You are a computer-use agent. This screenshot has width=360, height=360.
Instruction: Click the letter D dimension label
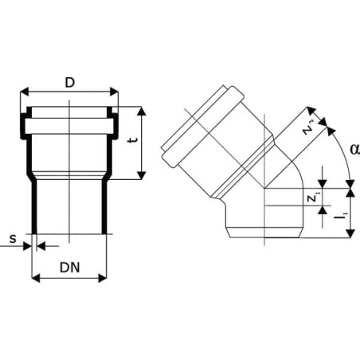70,83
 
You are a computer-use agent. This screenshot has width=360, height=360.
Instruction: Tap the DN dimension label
70,268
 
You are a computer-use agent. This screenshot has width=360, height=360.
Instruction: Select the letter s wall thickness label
13,239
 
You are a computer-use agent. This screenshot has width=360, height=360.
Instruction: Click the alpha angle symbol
355,149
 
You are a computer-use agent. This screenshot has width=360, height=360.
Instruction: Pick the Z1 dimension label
313,197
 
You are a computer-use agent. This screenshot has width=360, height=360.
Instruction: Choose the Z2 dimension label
309,128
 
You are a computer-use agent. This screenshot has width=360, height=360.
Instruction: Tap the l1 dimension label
341,217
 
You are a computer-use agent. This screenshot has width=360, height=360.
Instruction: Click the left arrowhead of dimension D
25,92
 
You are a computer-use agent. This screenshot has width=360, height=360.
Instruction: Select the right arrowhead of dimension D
114,92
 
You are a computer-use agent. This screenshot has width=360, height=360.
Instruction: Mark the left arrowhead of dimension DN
36,278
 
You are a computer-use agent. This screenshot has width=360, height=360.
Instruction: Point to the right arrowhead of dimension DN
102,278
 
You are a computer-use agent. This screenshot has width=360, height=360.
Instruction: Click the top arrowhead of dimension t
142,111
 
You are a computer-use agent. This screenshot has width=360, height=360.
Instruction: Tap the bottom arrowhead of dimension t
142,175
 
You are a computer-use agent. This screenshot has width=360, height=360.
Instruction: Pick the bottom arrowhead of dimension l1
350,233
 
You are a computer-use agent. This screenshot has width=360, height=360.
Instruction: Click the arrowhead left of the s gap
27,246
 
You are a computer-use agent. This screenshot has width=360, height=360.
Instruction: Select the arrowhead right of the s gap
41,246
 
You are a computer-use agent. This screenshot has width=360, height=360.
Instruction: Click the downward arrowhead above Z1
323,184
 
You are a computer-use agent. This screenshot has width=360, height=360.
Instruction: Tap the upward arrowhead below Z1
323,210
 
